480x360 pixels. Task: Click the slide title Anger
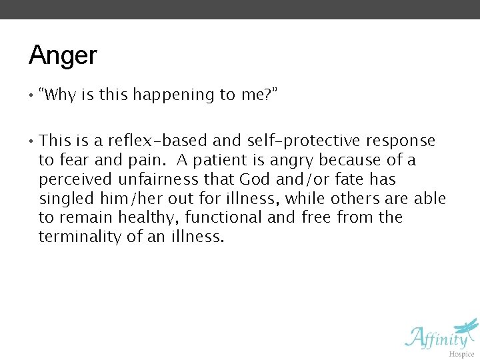pyautogui.click(x=63, y=55)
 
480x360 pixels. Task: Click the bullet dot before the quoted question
pyautogui.click(x=31, y=95)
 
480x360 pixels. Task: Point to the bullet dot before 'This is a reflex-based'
pyautogui.click(x=31, y=141)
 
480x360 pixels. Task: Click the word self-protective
pyautogui.click(x=303, y=141)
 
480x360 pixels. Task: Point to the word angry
pyautogui.click(x=292, y=161)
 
